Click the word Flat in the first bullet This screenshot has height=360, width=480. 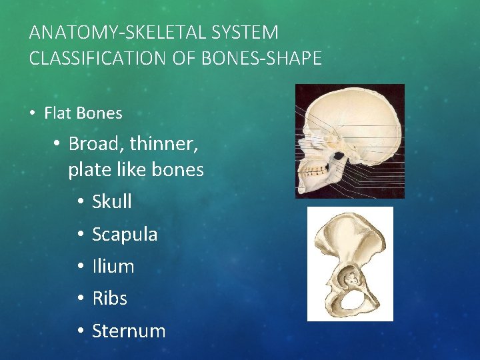pos(58,113)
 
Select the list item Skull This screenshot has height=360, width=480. pos(112,201)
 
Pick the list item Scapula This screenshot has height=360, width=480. pos(125,234)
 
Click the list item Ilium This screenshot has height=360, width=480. pos(113,266)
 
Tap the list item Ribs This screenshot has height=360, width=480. pos(109,298)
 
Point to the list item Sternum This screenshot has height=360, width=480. pos(129,331)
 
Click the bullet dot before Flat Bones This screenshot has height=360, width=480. pos(33,113)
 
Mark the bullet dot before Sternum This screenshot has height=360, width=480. pos(79,331)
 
